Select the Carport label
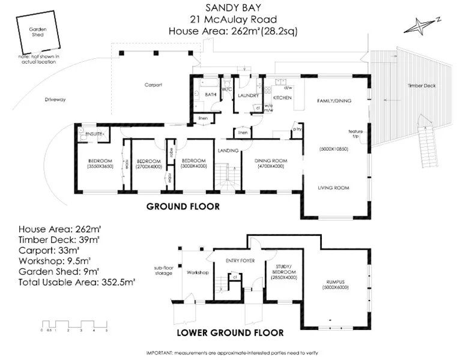click(154, 85)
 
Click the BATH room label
click(211, 95)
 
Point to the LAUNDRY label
click(247, 95)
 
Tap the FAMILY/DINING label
click(334, 101)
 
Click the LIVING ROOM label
click(334, 188)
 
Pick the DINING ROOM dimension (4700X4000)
click(269, 166)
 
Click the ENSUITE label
click(95, 133)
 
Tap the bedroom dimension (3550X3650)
click(100, 166)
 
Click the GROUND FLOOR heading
click(183, 206)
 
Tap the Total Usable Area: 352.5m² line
click(77, 280)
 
